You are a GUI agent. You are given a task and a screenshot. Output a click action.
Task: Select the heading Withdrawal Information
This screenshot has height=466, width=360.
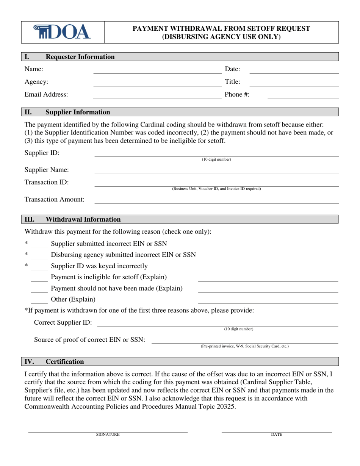83,219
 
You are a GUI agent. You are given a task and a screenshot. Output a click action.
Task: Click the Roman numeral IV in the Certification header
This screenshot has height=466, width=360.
29,361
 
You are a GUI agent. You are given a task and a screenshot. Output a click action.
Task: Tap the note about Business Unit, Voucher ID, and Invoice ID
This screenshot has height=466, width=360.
216,189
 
